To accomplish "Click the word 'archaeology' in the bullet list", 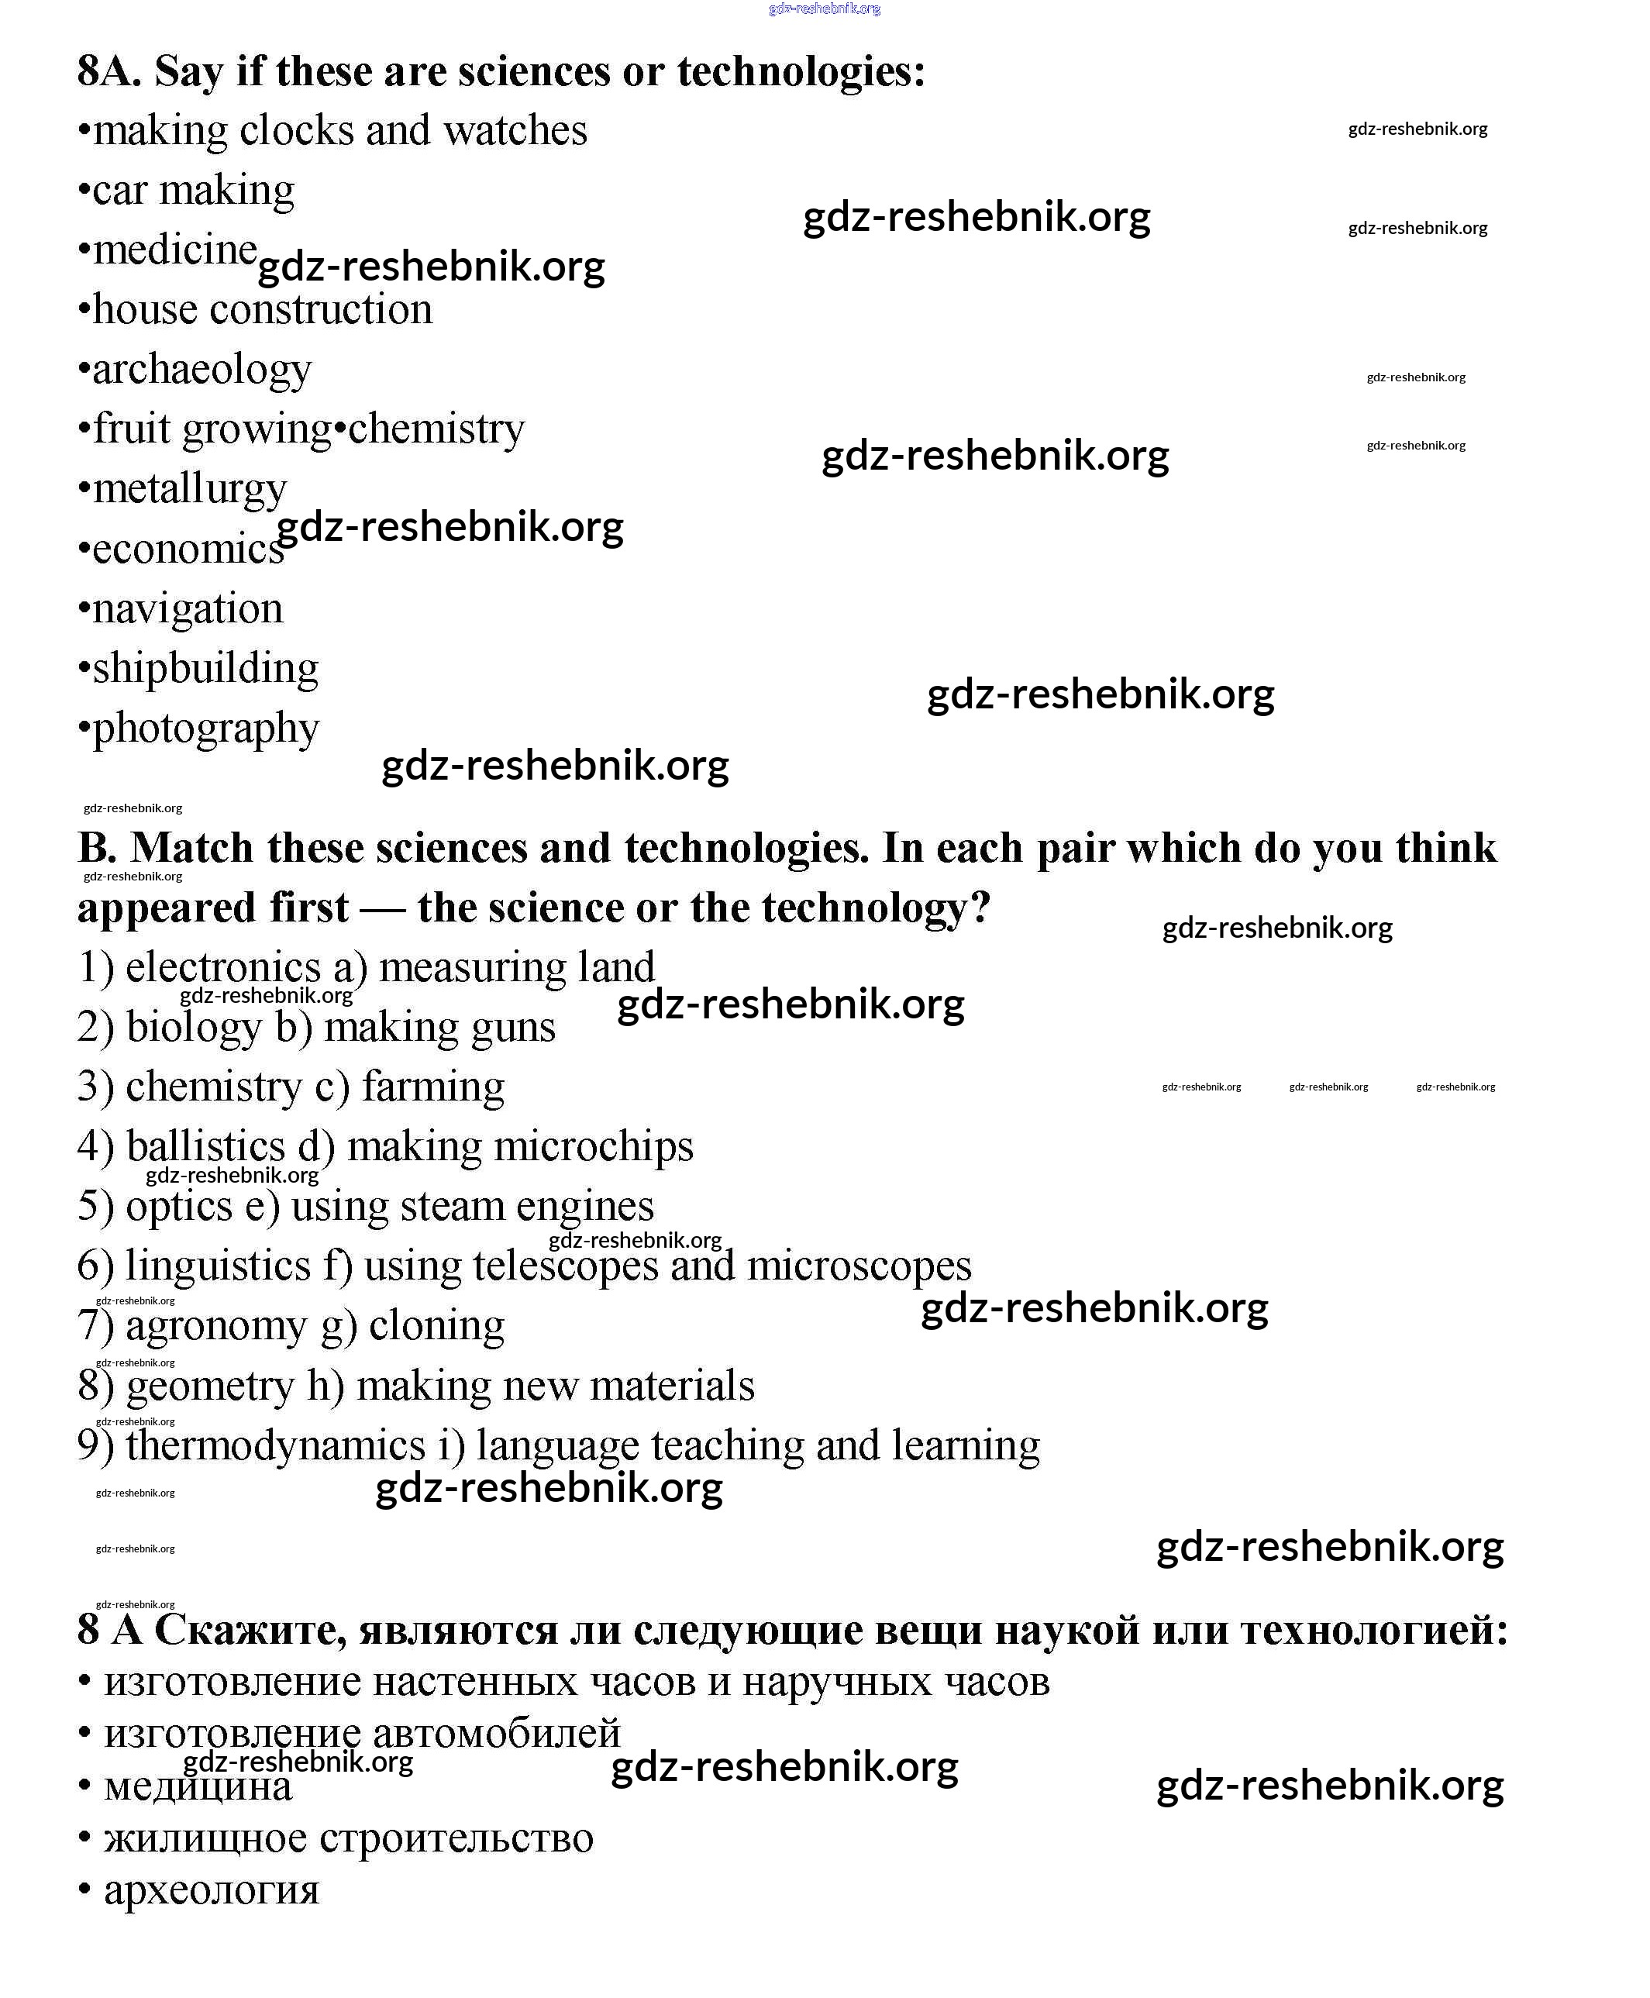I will [x=202, y=370].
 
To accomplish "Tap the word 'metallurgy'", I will [x=189, y=490].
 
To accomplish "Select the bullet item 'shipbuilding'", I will [x=205, y=668].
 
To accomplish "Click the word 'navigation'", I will [x=188, y=608].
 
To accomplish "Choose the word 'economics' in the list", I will [x=188, y=549].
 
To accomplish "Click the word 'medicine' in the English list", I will [x=175, y=250].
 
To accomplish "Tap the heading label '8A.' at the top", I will [x=109, y=71].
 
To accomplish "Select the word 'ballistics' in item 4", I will [x=205, y=1146].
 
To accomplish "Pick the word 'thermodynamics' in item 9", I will [x=276, y=1445].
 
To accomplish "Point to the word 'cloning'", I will [x=436, y=1325].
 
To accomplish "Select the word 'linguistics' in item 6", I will [x=218, y=1266].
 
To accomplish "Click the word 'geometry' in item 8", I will [x=210, y=1386].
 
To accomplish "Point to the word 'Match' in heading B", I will [x=192, y=848].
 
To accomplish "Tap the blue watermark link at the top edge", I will [x=824, y=9].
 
